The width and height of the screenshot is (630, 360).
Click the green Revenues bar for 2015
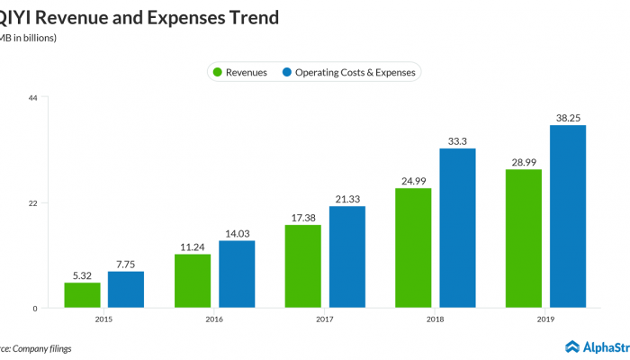pyautogui.click(x=82, y=295)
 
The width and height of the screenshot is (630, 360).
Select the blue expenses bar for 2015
pyautogui.click(x=126, y=290)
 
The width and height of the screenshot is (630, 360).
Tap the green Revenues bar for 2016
pyautogui.click(x=193, y=281)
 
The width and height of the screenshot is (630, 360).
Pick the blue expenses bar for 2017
pyautogui.click(x=347, y=257)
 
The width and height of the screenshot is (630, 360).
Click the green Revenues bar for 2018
pyautogui.click(x=413, y=248)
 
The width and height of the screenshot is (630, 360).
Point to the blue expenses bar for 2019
pyautogui.click(x=568, y=217)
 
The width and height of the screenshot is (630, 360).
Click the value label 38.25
pyautogui.click(x=568, y=117)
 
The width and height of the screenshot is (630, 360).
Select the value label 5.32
pyautogui.click(x=82, y=274)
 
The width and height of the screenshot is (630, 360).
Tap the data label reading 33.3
pyautogui.click(x=457, y=140)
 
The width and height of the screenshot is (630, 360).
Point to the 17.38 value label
pyautogui.click(x=303, y=217)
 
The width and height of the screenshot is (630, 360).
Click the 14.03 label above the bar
pyautogui.click(x=237, y=233)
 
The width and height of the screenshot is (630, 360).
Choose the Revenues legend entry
pyautogui.click(x=239, y=72)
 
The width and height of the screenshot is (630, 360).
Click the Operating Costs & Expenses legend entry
pyautogui.click(x=349, y=72)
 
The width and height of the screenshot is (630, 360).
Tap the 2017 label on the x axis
pyautogui.click(x=325, y=319)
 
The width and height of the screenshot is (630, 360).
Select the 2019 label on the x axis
pyautogui.click(x=545, y=319)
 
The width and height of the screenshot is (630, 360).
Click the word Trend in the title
pyautogui.click(x=244, y=17)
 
